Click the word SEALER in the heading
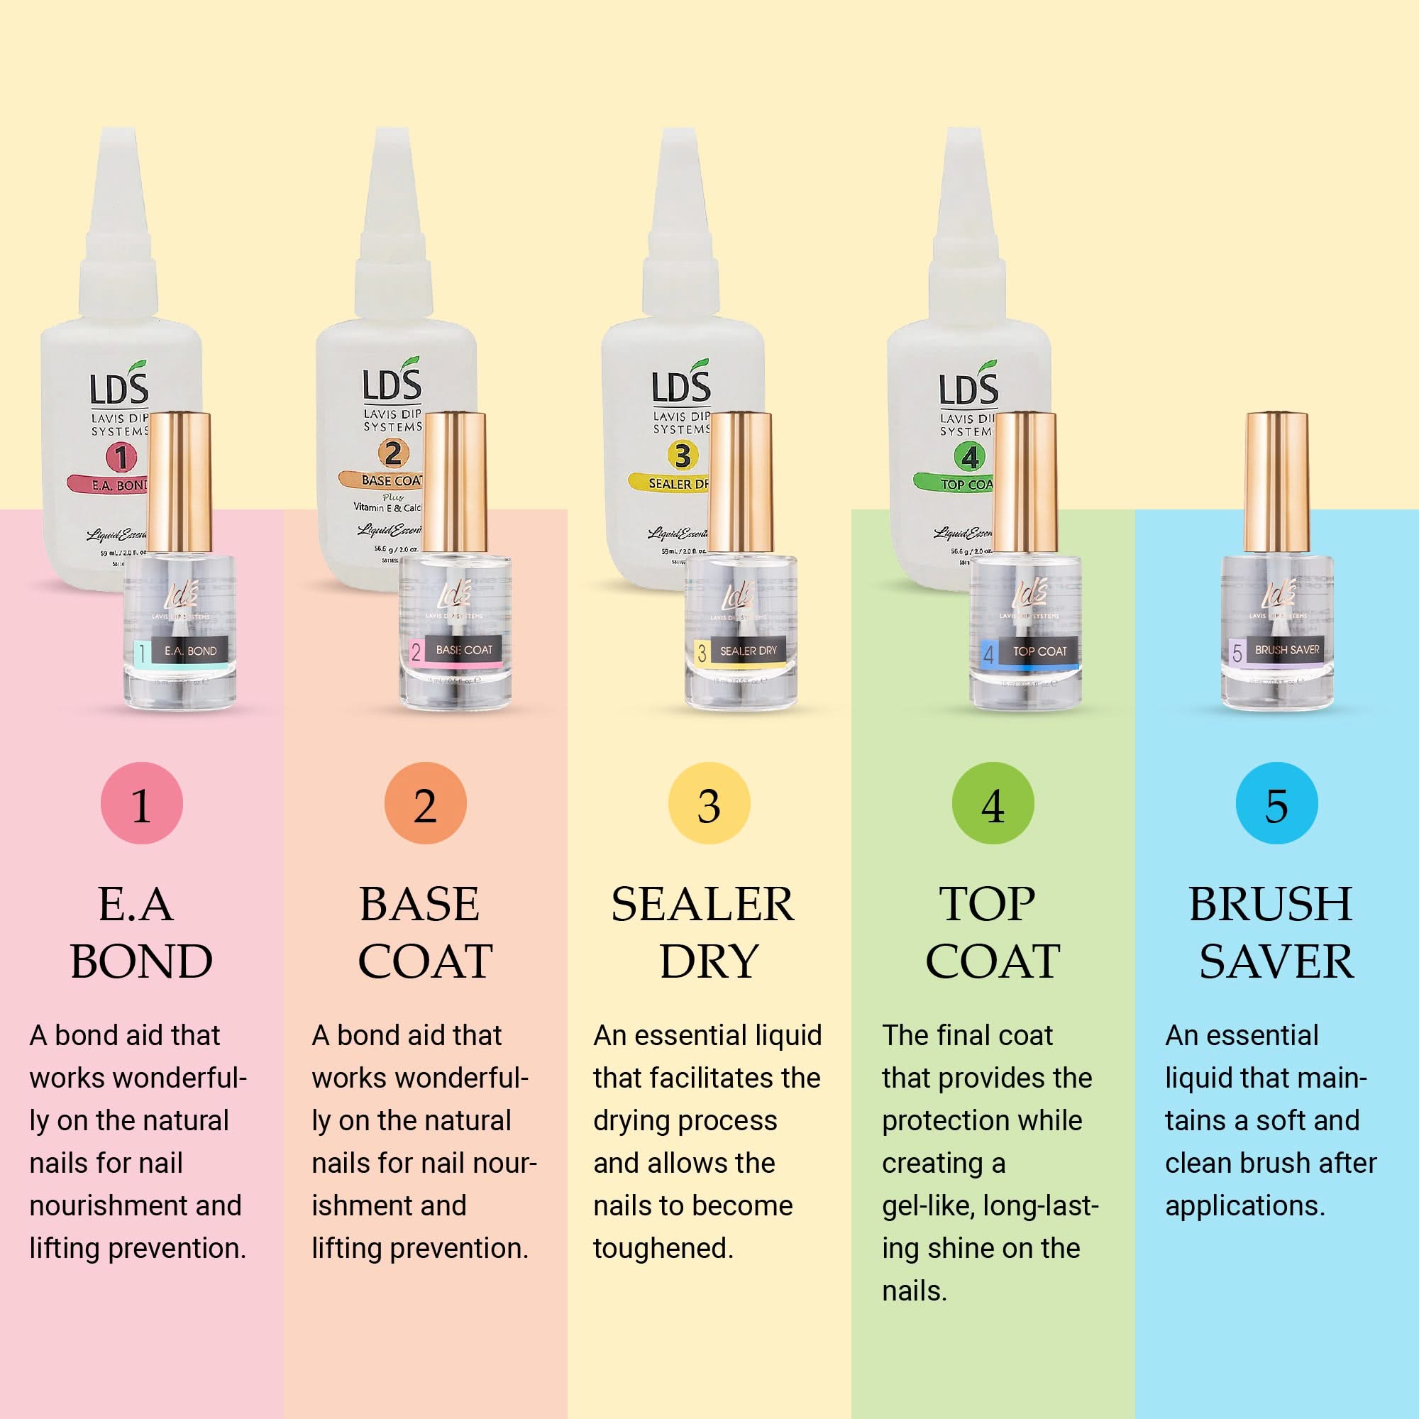(702, 904)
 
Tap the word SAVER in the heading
(1276, 961)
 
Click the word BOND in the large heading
(142, 961)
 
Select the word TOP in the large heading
(987, 904)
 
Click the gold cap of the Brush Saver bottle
(1276, 482)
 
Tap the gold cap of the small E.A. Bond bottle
(180, 482)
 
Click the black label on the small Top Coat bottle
(1039, 651)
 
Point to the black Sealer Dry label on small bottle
(748, 651)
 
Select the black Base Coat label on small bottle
(463, 650)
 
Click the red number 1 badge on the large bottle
(121, 457)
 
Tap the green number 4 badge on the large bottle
(969, 457)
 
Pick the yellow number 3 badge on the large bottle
(683, 455)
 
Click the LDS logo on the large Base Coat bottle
(392, 382)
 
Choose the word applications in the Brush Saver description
(1244, 1205)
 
